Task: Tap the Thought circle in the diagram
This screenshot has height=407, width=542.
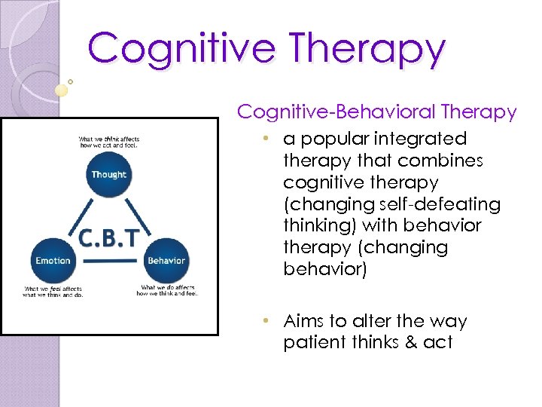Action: click(x=109, y=174)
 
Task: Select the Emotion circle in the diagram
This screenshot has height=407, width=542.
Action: click(x=52, y=261)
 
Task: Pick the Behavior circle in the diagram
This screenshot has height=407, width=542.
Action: click(x=166, y=261)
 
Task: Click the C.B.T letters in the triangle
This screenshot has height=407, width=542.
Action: click(x=109, y=237)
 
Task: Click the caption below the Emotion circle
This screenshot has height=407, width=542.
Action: click(x=53, y=292)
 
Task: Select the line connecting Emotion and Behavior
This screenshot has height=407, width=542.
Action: click(x=109, y=262)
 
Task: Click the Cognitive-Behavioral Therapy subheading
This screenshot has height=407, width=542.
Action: click(x=377, y=112)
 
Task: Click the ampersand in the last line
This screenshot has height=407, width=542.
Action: click(x=411, y=343)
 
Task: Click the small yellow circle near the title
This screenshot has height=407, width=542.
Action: click(x=62, y=90)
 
